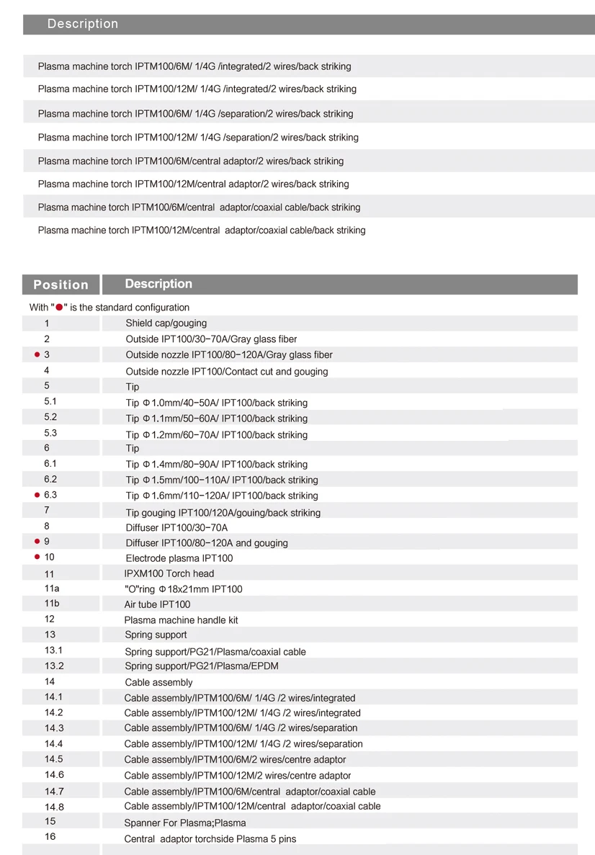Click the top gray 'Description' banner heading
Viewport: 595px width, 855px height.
click(83, 24)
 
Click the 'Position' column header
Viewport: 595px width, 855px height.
click(61, 285)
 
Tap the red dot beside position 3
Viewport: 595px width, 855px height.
click(37, 354)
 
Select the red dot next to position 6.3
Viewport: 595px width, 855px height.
click(37, 496)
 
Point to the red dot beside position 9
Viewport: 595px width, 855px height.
click(37, 542)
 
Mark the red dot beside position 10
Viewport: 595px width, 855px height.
click(37, 557)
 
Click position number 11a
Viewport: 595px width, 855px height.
click(52, 588)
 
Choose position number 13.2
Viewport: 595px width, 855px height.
click(54, 666)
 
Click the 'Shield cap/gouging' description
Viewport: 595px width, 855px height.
click(166, 323)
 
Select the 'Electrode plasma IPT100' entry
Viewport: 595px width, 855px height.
click(179, 558)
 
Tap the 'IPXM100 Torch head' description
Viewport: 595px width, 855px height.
click(169, 573)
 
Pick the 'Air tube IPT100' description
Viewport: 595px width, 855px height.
click(157, 604)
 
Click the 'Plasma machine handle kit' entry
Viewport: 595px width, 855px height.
click(181, 620)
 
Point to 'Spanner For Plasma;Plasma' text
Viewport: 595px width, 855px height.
click(185, 823)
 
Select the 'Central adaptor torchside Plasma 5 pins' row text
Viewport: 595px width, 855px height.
click(210, 838)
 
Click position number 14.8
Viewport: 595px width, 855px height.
click(54, 807)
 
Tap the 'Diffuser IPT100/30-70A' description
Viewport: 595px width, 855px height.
click(176, 527)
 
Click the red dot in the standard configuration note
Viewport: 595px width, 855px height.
click(59, 308)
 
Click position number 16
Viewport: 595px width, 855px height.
click(50, 836)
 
